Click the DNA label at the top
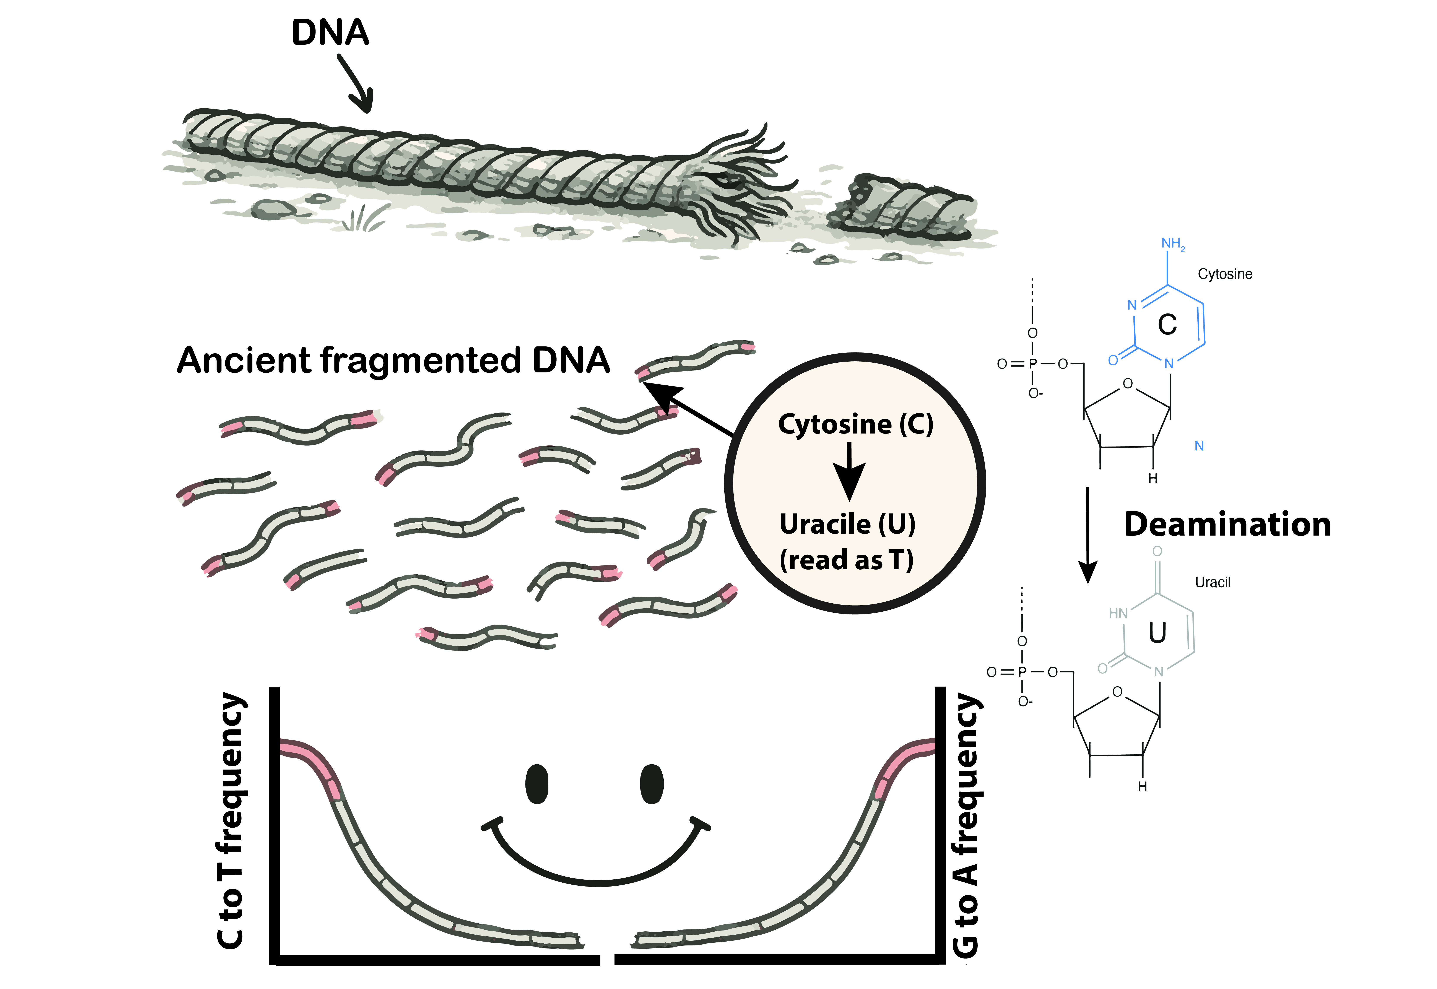tap(330, 33)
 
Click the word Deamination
tap(1227, 525)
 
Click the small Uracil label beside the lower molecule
tap(1212, 583)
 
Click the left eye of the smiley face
tap(537, 784)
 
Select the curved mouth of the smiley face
tap(598, 867)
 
